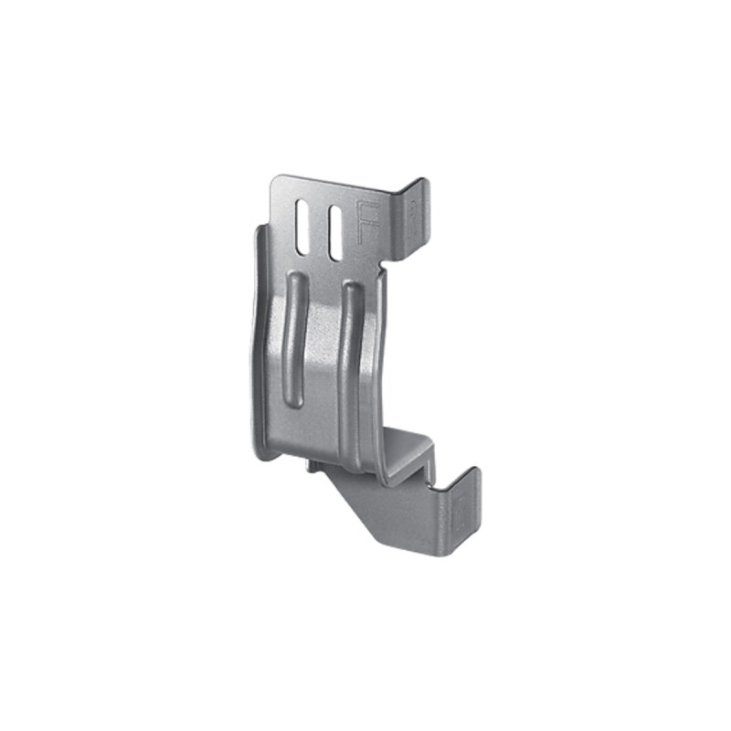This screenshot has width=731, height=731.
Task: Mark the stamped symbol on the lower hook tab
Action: point(461,512)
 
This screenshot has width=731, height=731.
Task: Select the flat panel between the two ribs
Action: point(321,365)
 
